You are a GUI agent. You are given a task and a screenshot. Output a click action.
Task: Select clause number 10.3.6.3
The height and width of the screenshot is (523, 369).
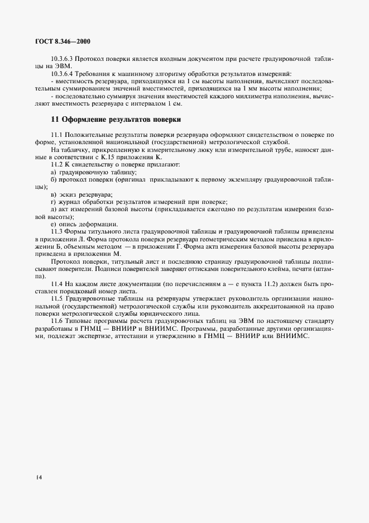click(62, 58)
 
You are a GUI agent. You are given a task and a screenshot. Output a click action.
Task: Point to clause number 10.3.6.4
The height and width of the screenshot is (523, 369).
click(62, 73)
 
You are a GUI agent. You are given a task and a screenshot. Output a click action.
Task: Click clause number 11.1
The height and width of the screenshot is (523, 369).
click(56, 135)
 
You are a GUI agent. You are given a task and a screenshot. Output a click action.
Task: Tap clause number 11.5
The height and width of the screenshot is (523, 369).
click(56, 298)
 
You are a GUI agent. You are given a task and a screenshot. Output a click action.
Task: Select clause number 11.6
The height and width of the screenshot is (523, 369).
click(56, 322)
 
